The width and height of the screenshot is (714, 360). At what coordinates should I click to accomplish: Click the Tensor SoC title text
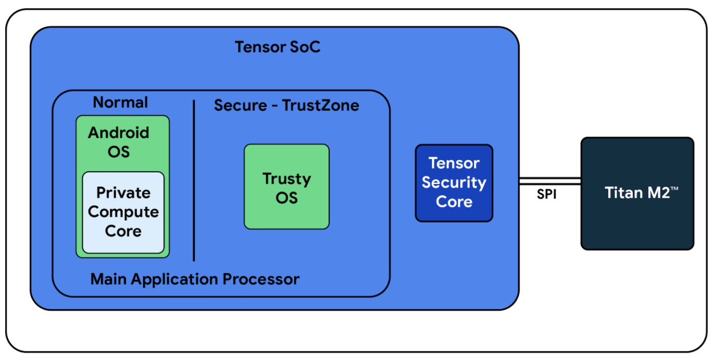pyautogui.click(x=277, y=47)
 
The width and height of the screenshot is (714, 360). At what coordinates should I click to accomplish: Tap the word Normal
pyautogui.click(x=120, y=102)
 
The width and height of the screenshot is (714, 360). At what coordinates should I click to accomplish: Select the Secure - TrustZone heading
pyautogui.click(x=287, y=105)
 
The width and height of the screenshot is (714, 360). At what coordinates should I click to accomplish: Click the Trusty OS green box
pyautogui.click(x=287, y=187)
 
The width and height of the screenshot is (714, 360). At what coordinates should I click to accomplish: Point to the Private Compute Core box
pyautogui.click(x=123, y=212)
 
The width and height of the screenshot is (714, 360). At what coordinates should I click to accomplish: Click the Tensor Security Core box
pyautogui.click(x=454, y=183)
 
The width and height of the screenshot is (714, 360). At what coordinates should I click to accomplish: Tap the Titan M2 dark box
pyautogui.click(x=637, y=193)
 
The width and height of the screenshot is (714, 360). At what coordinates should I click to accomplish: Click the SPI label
pyautogui.click(x=546, y=194)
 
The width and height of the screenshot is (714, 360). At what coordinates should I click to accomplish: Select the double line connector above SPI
pyautogui.click(x=550, y=181)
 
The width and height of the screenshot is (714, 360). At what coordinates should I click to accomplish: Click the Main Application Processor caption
pyautogui.click(x=195, y=279)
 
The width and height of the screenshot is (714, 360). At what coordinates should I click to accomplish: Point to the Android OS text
pyautogui.click(x=119, y=142)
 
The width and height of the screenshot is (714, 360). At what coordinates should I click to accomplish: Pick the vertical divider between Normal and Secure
pyautogui.click(x=194, y=181)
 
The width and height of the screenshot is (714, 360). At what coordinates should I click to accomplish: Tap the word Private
pyautogui.click(x=123, y=193)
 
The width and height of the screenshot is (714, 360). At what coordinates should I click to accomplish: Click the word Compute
pyautogui.click(x=123, y=212)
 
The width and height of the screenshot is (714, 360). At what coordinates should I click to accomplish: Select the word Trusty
pyautogui.click(x=287, y=179)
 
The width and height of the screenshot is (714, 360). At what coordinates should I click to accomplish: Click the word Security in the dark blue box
pyautogui.click(x=454, y=183)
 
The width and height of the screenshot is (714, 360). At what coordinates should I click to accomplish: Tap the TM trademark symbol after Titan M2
pyautogui.click(x=674, y=189)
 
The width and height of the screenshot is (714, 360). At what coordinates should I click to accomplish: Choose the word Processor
pyautogui.click(x=261, y=279)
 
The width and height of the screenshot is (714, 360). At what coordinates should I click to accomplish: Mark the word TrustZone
pyautogui.click(x=320, y=105)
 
